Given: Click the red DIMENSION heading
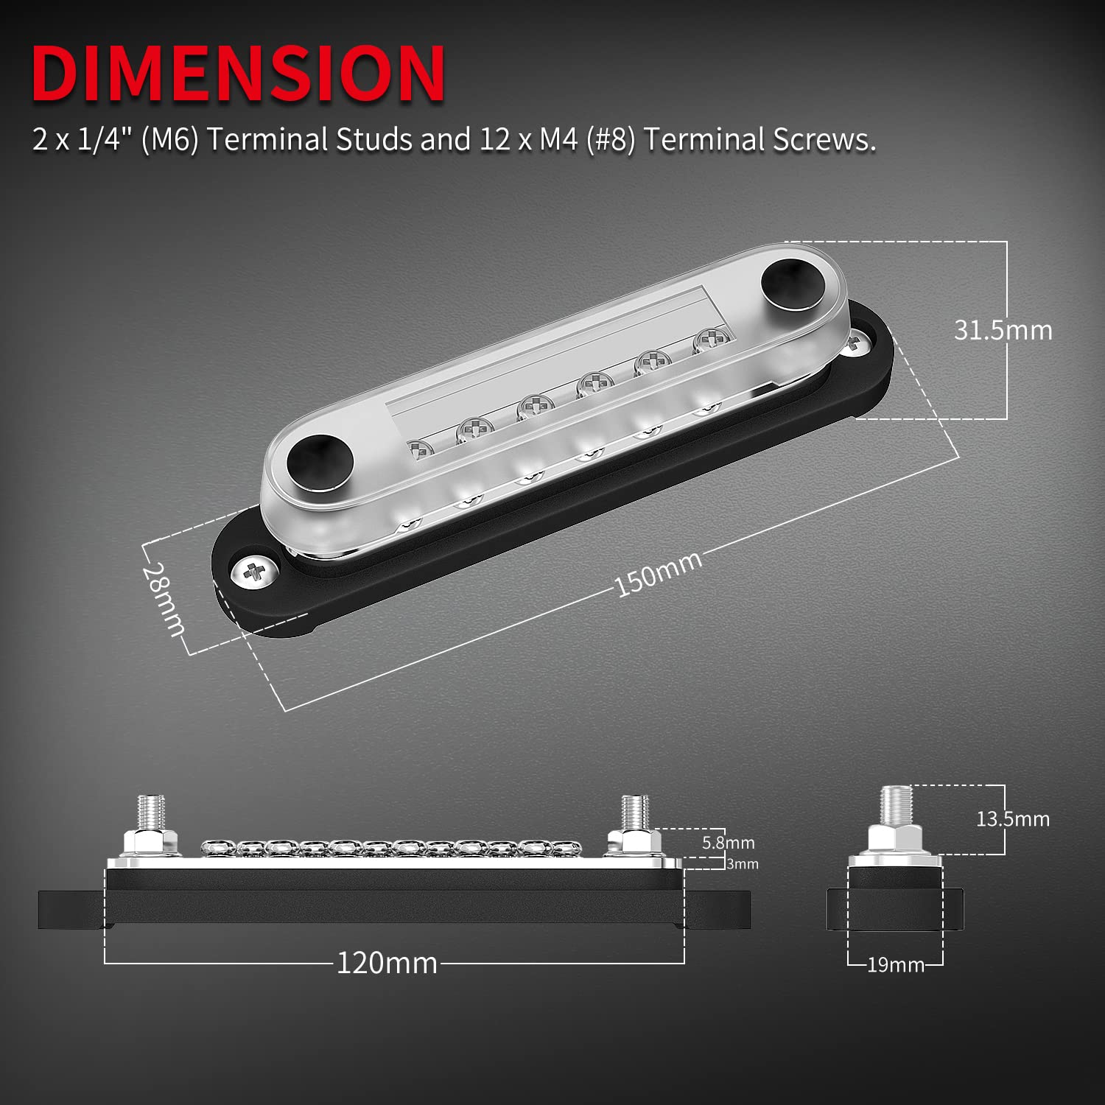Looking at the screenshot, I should pos(238,74).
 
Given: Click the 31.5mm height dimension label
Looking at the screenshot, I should pos(1003,330).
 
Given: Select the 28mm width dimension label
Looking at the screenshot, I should pos(164,599).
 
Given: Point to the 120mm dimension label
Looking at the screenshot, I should pos(387,963).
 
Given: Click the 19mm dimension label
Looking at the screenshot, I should pos(895,964).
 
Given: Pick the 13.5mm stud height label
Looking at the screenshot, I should pos(1012,819).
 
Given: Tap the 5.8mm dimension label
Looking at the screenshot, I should pos(728,843).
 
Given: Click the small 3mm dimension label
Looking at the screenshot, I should pos(742,864).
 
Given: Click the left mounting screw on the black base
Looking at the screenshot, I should pos(253,571).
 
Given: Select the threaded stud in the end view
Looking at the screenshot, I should pos(896,805).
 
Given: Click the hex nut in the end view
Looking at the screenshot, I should pos(896,838).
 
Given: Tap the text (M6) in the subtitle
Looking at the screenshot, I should pos(169,139).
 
